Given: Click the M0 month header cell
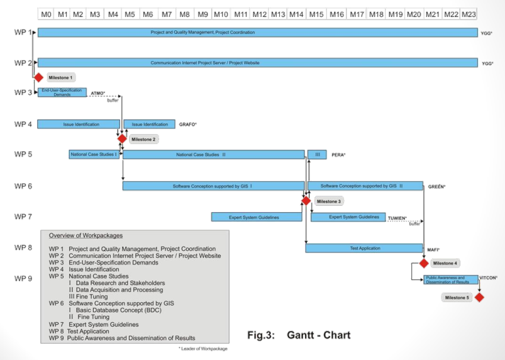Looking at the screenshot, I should [x=46, y=14].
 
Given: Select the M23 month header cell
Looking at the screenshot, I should [x=469, y=14].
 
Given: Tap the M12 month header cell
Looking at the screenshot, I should [x=259, y=14].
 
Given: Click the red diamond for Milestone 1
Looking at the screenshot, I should [x=38, y=77].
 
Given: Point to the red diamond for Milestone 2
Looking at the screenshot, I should [x=122, y=138].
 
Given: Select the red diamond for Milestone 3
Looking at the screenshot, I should [x=306, y=201].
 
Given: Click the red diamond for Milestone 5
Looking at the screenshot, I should [x=479, y=297].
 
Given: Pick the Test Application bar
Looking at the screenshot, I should [x=365, y=248].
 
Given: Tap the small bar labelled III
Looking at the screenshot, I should [x=317, y=154].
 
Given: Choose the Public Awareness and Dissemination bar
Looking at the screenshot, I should [x=450, y=279].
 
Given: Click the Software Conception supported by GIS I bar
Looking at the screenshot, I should [x=213, y=186].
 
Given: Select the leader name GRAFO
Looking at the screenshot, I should [x=188, y=125].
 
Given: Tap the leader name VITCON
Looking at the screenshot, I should [x=488, y=277].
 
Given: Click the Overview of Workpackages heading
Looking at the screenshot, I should [x=86, y=235].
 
